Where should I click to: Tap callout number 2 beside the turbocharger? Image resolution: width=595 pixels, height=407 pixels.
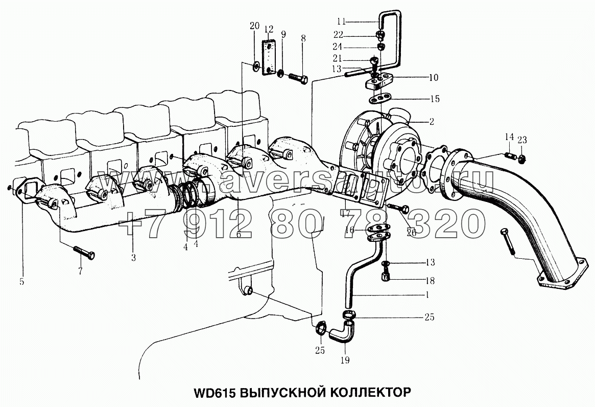[x=432, y=122]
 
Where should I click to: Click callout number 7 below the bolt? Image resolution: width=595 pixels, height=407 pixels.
[x=80, y=272]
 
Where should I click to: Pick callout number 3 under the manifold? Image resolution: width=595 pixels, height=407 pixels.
[x=133, y=258]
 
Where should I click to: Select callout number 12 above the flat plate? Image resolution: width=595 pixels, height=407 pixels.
[x=269, y=28]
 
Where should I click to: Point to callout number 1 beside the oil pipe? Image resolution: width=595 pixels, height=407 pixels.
[x=427, y=295]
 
